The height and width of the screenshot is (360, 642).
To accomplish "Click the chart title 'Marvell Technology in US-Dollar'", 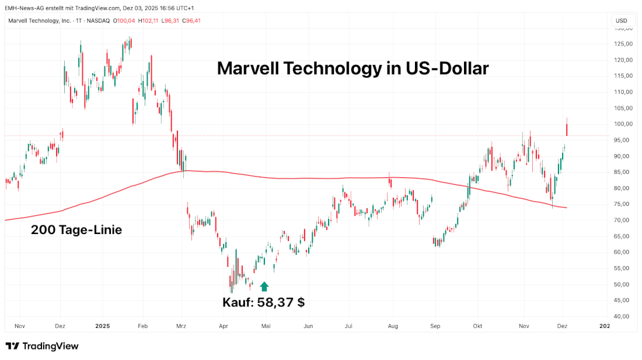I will [353, 68].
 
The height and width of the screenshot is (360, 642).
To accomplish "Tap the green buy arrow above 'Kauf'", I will [264, 286].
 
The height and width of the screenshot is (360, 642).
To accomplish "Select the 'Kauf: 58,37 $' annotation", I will [263, 302].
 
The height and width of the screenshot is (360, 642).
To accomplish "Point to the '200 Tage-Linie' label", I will [76, 230].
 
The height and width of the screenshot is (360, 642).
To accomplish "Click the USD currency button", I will [622, 21].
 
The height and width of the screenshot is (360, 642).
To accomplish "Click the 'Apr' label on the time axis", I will [222, 327].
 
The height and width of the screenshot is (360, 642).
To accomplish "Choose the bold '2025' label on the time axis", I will [102, 327].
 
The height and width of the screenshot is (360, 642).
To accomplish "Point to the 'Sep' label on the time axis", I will [434, 327].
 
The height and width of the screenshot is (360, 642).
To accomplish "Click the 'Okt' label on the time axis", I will [478, 327].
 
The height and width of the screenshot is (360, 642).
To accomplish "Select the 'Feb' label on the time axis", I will [142, 327].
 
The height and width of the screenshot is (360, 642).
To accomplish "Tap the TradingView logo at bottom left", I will [42, 346].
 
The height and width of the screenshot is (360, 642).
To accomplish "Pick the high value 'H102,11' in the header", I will [148, 21].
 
